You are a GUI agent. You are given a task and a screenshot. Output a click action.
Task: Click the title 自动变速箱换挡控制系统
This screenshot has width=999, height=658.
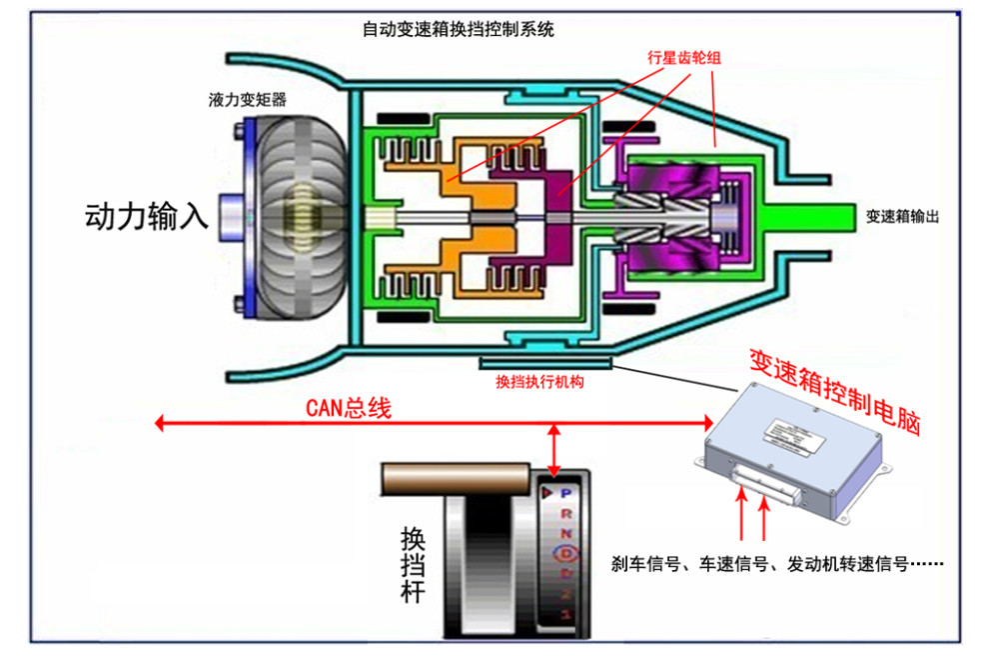tap(458, 30)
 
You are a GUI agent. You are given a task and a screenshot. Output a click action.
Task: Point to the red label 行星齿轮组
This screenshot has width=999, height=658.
tap(684, 58)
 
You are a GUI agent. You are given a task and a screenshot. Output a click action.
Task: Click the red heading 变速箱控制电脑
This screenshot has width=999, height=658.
tap(834, 390)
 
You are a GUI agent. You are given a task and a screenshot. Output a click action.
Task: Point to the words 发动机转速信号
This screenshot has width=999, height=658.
tap(847, 564)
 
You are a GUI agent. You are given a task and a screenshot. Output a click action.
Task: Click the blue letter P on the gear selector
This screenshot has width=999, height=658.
tap(565, 493)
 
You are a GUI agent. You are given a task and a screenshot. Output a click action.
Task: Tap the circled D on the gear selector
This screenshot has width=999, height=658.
tap(565, 551)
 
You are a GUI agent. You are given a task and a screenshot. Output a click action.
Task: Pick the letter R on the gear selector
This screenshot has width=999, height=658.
tap(565, 512)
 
